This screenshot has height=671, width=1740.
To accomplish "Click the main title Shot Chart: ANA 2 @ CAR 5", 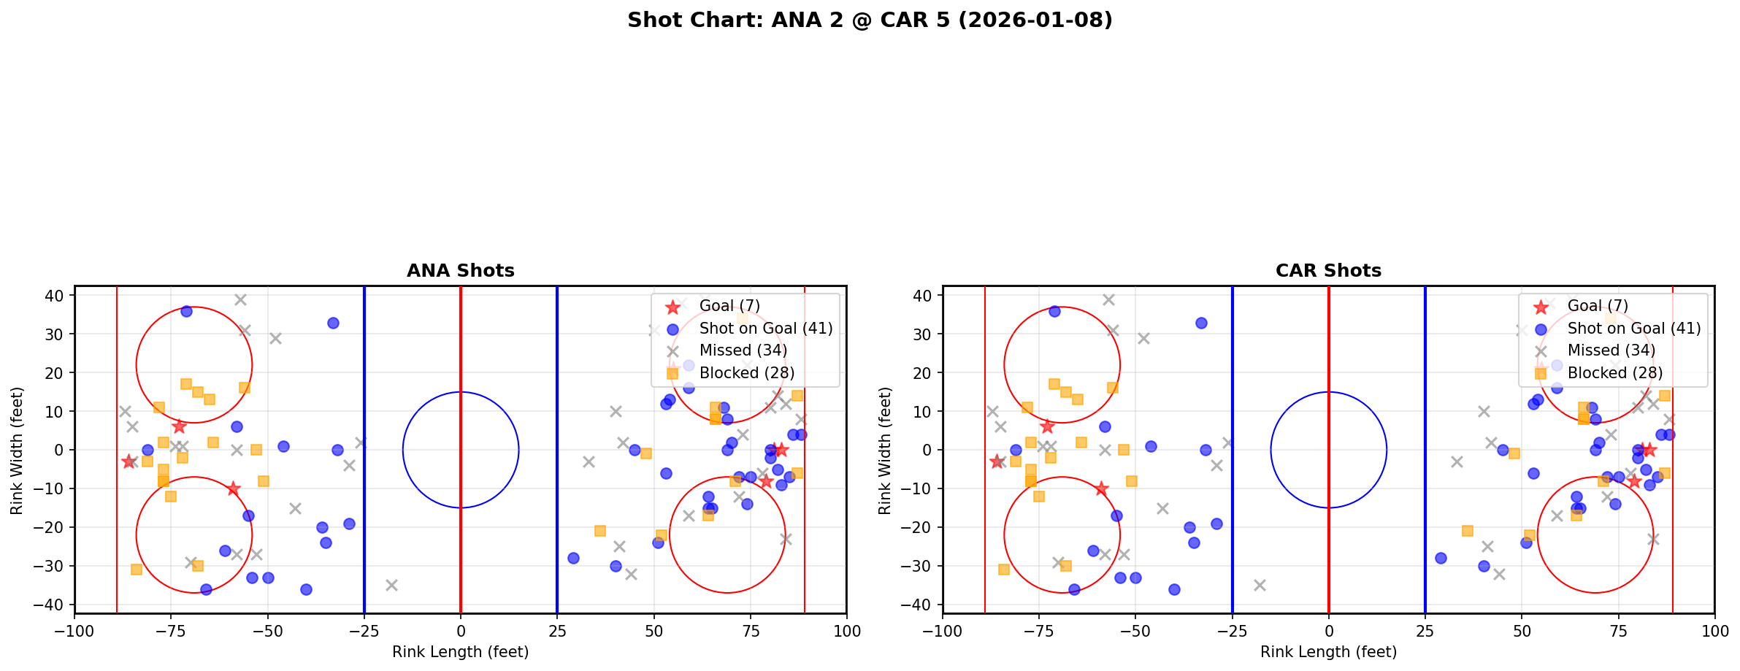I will click(x=869, y=20).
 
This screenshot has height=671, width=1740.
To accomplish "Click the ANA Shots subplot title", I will click(x=460, y=271).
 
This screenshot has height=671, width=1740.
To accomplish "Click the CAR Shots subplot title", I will click(x=1328, y=271).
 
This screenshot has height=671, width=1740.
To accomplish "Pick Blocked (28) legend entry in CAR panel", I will click(x=1614, y=373).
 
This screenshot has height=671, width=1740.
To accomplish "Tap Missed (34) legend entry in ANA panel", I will click(x=743, y=350).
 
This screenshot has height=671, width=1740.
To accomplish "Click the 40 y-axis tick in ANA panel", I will click(x=55, y=296).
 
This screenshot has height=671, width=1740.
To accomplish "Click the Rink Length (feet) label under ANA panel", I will click(x=460, y=652).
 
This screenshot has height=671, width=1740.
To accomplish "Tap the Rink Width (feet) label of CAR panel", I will click(x=885, y=450).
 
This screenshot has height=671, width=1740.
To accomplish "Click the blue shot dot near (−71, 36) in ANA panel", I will click(x=186, y=311).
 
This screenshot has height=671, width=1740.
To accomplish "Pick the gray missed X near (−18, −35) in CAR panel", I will click(x=1260, y=585).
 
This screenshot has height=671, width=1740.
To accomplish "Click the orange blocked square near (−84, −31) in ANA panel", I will click(x=136, y=570).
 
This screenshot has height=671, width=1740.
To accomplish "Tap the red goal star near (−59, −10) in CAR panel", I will click(x=1101, y=488).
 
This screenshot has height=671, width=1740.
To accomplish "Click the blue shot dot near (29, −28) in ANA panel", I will click(x=573, y=558).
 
